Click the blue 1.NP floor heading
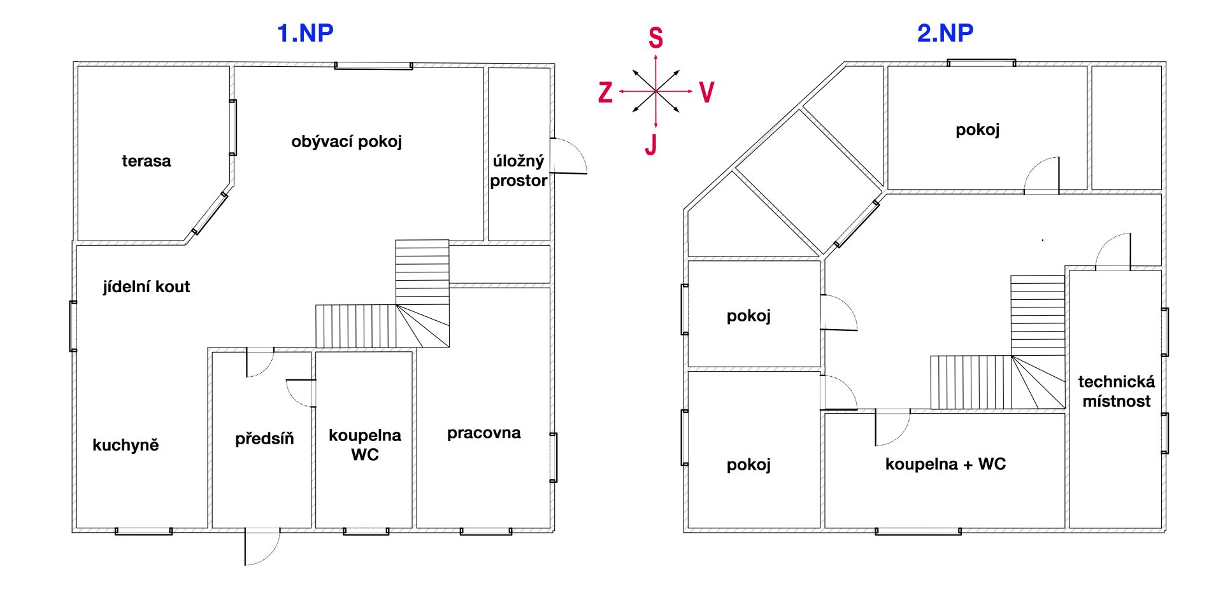click(305, 33)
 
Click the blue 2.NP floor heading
click(945, 33)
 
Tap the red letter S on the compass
click(655, 38)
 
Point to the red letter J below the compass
click(651, 145)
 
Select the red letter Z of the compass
click(605, 93)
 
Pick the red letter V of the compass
click(706, 92)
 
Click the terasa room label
click(147, 161)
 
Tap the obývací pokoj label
click(347, 142)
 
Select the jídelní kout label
click(147, 287)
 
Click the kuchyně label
click(125, 445)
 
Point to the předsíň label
click(264, 439)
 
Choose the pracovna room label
click(484, 433)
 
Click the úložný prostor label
click(519, 171)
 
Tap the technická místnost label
click(1117, 391)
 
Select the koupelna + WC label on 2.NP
click(945, 465)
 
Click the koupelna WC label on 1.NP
click(365, 445)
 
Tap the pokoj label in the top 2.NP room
click(978, 130)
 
